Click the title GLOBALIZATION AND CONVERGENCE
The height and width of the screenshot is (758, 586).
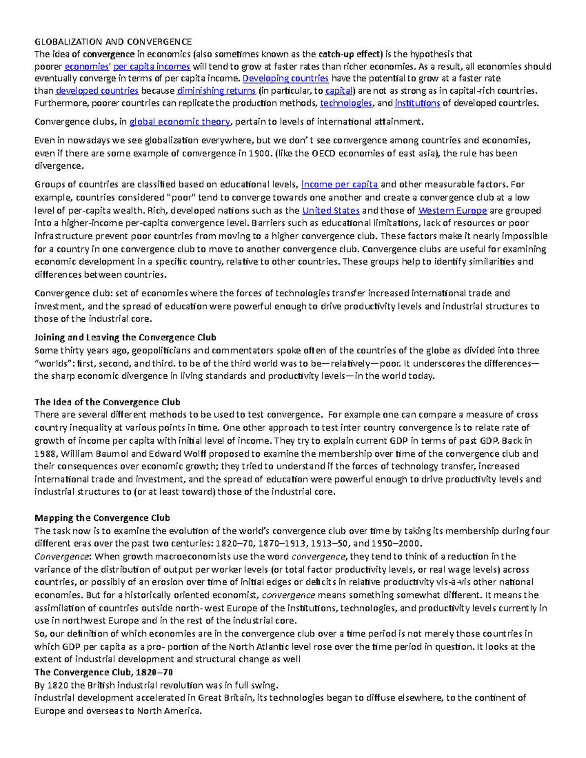click(x=113, y=41)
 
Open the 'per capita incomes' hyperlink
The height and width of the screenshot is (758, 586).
click(x=152, y=66)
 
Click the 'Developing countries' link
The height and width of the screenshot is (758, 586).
click(x=286, y=79)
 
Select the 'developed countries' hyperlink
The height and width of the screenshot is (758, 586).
click(x=97, y=91)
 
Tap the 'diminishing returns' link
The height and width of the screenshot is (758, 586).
click(x=216, y=91)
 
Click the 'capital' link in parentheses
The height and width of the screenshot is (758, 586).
click(x=338, y=91)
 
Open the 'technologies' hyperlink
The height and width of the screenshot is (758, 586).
click(x=346, y=103)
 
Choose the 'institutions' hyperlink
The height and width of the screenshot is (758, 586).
click(x=417, y=103)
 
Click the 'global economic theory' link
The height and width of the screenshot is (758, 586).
click(x=179, y=122)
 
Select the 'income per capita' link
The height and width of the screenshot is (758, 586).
click(x=339, y=184)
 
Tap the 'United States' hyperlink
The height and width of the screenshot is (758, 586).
click(x=331, y=211)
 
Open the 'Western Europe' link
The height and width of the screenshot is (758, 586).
click(x=452, y=211)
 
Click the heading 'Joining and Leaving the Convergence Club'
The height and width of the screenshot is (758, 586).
click(x=125, y=338)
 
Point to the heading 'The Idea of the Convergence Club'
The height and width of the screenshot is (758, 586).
click(x=107, y=402)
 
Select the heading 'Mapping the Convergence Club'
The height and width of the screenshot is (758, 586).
click(x=102, y=518)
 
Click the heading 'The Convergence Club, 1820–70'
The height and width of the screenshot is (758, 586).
click(x=104, y=672)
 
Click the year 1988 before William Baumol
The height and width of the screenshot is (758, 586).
click(x=45, y=453)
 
